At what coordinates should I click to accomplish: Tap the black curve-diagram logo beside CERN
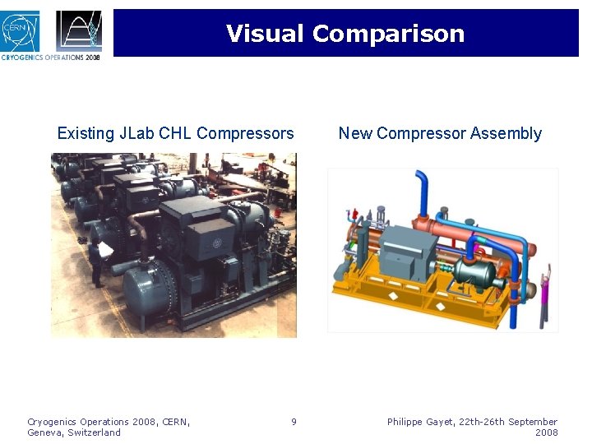(79, 30)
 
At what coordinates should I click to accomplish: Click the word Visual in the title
(266, 34)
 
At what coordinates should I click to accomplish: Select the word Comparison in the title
(388, 34)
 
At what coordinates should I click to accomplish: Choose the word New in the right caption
(355, 133)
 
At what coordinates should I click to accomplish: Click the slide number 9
(294, 422)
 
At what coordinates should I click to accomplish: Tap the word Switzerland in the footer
(94, 432)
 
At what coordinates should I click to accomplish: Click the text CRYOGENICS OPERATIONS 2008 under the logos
(51, 58)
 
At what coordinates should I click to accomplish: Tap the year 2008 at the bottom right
(546, 432)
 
